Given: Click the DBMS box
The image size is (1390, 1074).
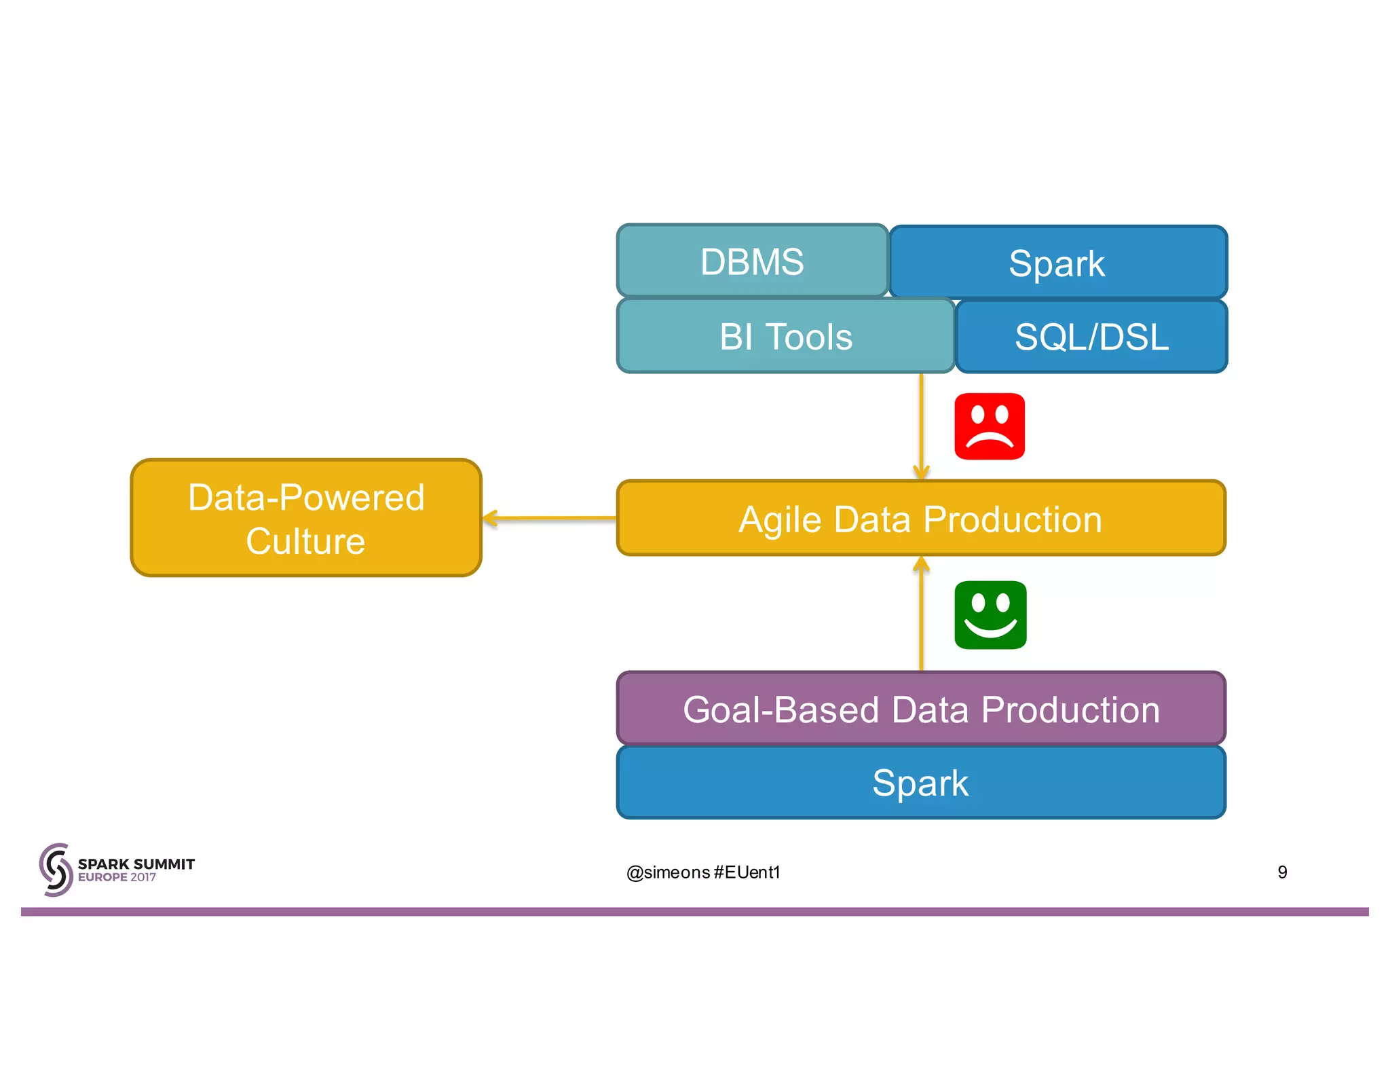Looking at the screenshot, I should (x=752, y=261).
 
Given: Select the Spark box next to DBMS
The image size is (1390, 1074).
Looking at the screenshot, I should (x=1057, y=263).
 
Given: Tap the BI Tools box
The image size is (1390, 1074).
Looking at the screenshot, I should (x=785, y=337).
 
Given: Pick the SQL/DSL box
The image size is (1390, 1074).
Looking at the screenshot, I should (x=1091, y=337).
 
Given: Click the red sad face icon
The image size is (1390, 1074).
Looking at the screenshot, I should (x=989, y=426).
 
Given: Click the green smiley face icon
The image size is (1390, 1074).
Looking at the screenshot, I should (x=990, y=615).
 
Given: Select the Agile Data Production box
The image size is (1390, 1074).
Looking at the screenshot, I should (x=920, y=519).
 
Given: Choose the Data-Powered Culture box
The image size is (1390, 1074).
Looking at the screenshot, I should (x=306, y=519).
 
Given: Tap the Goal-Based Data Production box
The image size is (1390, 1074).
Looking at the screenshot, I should (x=920, y=709).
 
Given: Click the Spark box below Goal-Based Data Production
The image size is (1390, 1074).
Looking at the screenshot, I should (x=920, y=783).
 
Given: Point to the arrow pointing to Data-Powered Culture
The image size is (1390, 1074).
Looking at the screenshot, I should (x=550, y=519).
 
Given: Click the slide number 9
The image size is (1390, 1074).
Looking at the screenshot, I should (x=1282, y=872).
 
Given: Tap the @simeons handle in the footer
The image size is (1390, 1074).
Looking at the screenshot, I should (x=668, y=872).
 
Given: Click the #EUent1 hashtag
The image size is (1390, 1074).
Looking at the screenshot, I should (x=747, y=872).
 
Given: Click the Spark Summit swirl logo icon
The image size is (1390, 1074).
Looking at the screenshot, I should (x=56, y=870).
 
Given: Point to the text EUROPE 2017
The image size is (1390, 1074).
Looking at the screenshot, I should (x=117, y=878).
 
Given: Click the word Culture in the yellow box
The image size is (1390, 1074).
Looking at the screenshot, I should (x=305, y=541).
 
